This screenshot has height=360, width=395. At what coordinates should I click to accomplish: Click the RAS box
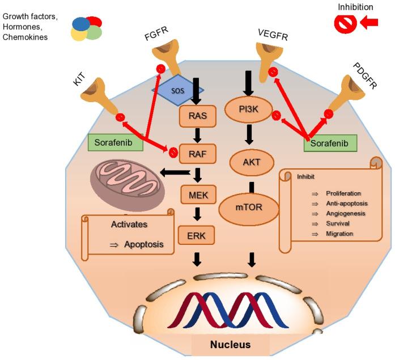point(194,117)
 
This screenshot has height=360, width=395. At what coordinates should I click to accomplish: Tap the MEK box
point(196,196)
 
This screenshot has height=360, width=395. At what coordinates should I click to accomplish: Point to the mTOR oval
point(249,207)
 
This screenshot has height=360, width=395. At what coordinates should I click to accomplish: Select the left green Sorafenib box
point(116,143)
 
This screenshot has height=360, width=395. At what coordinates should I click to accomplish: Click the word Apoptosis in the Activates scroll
point(144,245)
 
